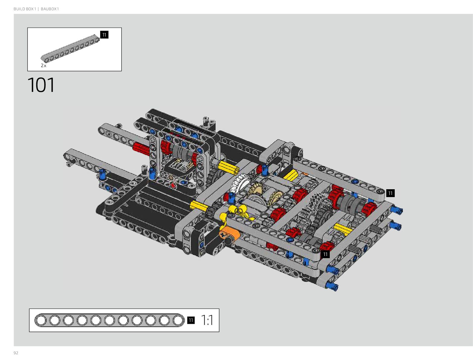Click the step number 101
coord(41,85)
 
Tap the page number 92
coord(16,353)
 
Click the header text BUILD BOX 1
coord(25,9)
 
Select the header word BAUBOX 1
coord(50,9)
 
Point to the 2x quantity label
coord(44,66)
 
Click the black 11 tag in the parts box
coord(104,35)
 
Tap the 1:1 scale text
coord(207,320)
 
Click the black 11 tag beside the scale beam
coord(191,320)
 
